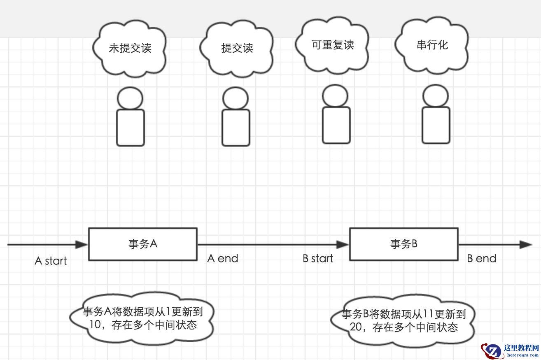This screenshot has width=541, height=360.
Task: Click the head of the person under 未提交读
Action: (x=130, y=99)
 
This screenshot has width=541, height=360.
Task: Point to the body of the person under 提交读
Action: (x=236, y=127)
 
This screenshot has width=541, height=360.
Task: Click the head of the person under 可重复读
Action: (x=335, y=96)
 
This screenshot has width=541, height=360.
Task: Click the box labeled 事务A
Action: (x=143, y=244)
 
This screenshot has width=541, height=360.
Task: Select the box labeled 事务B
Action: (x=403, y=244)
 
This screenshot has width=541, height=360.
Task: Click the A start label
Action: (x=51, y=261)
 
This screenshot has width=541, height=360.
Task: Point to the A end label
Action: (x=222, y=258)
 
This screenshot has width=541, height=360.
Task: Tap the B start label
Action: (x=318, y=258)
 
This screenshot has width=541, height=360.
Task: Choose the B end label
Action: (x=481, y=258)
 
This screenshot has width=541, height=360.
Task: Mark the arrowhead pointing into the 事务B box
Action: (x=343, y=245)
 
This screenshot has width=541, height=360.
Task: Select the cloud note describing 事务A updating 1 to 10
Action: (x=142, y=318)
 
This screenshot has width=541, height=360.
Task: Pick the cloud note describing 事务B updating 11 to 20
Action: (x=403, y=321)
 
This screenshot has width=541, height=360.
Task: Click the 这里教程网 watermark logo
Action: (x=511, y=350)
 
